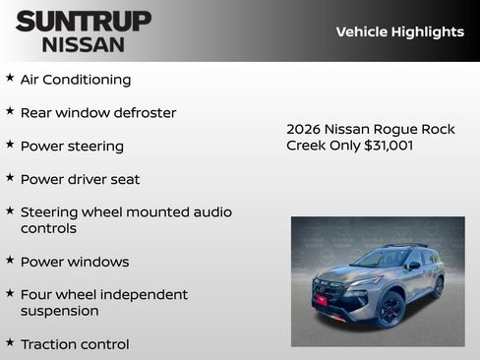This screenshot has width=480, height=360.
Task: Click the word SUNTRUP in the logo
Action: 84,21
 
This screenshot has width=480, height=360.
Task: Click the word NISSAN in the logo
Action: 84,44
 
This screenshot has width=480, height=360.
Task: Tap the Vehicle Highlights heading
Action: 399,31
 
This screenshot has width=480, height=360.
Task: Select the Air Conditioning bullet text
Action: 76,80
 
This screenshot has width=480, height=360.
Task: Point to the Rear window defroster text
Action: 98,113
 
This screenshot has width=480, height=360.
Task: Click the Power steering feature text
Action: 72,147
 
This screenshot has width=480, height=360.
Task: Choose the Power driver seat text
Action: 80,180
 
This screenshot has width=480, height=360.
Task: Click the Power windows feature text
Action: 75,262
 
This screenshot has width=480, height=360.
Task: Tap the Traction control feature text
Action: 75,344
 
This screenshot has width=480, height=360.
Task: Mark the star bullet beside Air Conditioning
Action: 10,78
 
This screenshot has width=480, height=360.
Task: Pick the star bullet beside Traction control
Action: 10,342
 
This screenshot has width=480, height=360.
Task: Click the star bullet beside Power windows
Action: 10,260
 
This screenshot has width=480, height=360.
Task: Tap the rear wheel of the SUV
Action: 437,287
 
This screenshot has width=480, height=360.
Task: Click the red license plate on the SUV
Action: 321,300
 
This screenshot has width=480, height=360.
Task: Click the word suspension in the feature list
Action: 60,311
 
